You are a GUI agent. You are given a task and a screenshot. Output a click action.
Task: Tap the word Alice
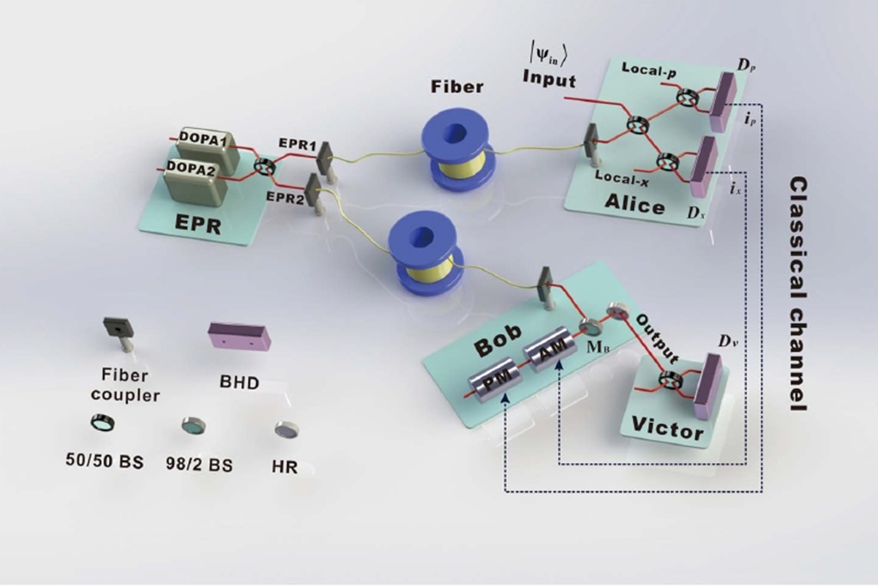click(x=635, y=206)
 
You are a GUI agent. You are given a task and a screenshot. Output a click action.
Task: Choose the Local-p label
click(x=648, y=68)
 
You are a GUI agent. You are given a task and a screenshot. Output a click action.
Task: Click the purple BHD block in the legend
click(x=239, y=337)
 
